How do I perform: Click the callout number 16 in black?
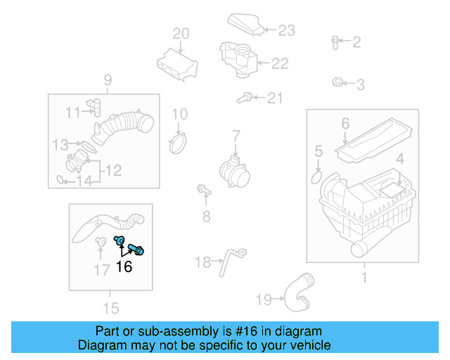coord(124,267)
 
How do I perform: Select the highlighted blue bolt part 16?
coord(137,247)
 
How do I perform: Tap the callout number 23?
coord(286,30)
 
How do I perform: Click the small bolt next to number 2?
coord(335,41)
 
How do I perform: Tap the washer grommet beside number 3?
coord(337,84)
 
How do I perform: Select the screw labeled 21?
coord(245,98)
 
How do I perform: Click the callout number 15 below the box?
coord(110,307)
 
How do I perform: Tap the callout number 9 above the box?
coord(108,79)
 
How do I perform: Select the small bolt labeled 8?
coord(204,189)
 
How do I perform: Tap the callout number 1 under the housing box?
coord(364,278)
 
